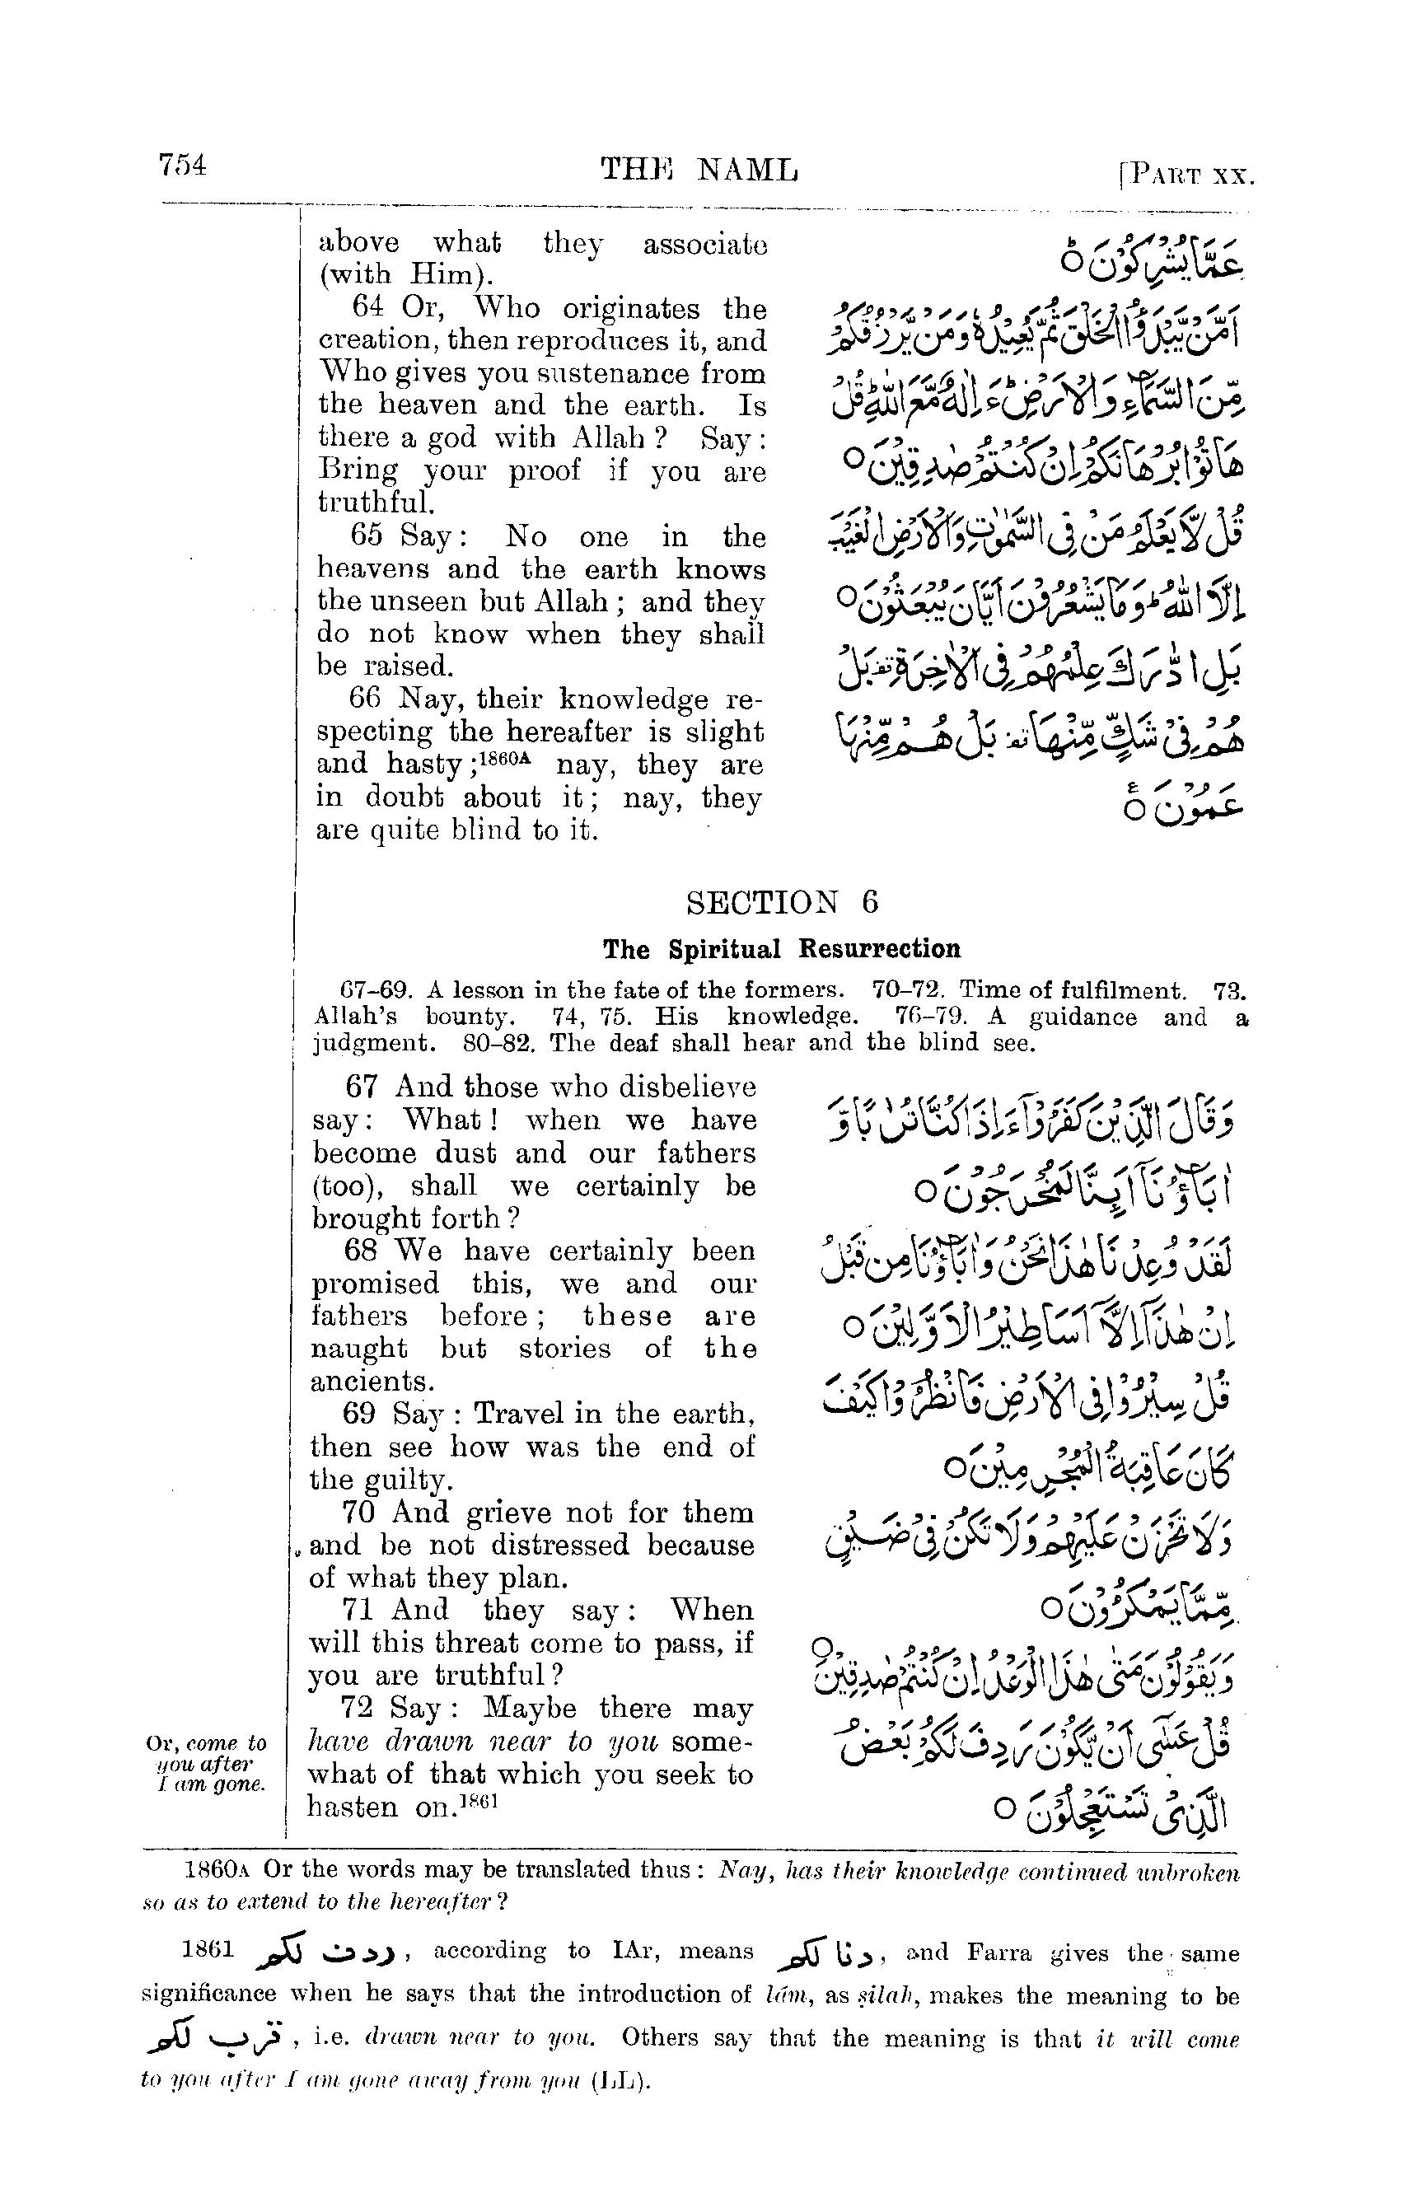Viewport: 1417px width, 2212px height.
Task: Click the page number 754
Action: (x=182, y=166)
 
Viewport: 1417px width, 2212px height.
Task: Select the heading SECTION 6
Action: (x=782, y=902)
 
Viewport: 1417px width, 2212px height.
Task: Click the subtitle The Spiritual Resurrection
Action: (x=781, y=949)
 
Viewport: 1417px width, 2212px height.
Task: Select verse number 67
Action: (x=362, y=1087)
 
